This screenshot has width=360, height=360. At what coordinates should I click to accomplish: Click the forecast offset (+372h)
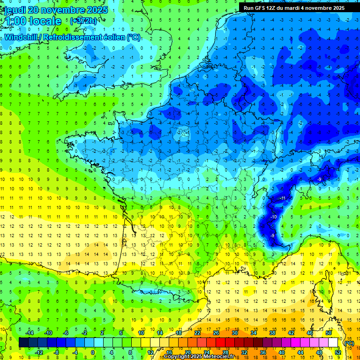tap(83, 21)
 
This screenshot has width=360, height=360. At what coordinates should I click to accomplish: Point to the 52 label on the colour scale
tap(337, 352)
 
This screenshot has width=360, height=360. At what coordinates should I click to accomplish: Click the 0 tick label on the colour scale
tap(93, 352)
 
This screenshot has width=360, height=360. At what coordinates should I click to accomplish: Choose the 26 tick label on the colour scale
tap(216, 333)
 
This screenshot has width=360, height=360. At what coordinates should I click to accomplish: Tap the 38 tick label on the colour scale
tap(272, 333)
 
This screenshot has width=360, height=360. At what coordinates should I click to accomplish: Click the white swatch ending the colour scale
tap(333, 343)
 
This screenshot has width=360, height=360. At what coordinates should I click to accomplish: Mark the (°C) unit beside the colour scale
tap(348, 343)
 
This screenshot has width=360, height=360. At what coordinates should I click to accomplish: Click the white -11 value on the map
tap(283, 199)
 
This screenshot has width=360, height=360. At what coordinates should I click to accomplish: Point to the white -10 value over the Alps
tap(273, 217)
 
